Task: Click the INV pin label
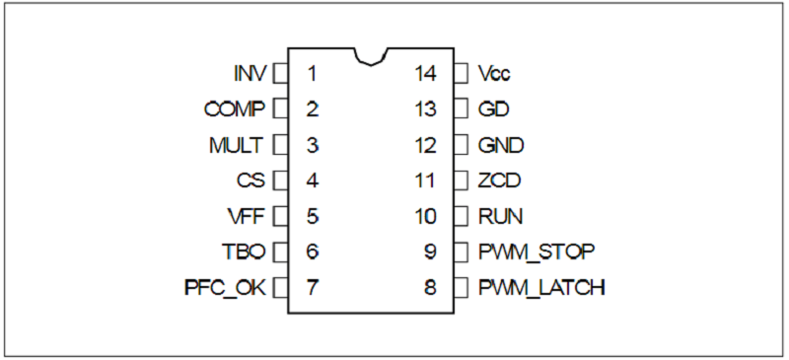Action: (x=250, y=74)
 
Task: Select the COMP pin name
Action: (x=234, y=109)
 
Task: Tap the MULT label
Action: (x=236, y=146)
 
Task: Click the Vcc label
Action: (x=494, y=74)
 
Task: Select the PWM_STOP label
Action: (x=537, y=252)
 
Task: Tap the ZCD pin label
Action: (x=499, y=180)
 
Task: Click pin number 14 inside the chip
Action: (x=425, y=74)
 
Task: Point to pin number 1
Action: (x=312, y=74)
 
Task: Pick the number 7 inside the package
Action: (x=312, y=288)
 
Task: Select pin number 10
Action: (x=425, y=217)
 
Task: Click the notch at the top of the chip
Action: (x=371, y=57)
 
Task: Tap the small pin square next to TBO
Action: (x=280, y=252)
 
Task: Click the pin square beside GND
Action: (x=461, y=146)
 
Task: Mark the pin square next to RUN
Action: (x=461, y=217)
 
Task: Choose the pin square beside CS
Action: (x=280, y=180)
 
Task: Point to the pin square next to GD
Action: (x=461, y=109)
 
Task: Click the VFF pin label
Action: (x=246, y=217)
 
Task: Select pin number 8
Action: (x=430, y=288)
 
